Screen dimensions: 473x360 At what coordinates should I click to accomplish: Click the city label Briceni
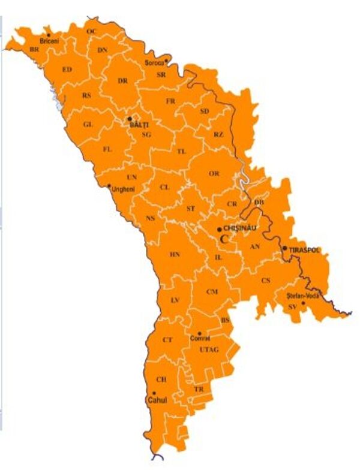pos(49,41)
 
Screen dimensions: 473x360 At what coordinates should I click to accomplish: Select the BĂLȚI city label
pos(139,125)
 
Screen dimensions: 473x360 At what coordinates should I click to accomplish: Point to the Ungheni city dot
pos(109,186)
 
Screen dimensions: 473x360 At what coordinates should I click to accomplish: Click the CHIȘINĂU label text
pos(239,228)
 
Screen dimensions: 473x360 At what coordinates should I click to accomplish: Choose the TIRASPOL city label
pos(304,249)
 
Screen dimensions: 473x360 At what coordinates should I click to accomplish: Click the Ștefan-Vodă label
pos(302,295)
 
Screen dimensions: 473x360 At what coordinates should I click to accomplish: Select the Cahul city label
pos(157,400)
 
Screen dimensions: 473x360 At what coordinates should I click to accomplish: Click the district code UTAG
pos(209,349)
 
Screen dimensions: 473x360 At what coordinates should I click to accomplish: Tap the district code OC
pos(91,31)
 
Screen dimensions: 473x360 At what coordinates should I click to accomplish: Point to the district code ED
pos(67,70)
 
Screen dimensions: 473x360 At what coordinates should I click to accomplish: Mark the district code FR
pos(170,101)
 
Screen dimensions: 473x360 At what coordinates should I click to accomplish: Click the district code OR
pos(214,173)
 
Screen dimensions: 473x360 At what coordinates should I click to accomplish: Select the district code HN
pos(175,254)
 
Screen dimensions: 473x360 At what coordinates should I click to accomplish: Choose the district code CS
pos(265,280)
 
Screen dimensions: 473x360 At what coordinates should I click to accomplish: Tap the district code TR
pos(199,389)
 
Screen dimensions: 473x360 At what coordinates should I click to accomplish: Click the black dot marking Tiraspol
pos(284,248)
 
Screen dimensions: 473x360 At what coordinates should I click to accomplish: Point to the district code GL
pos(88,124)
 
